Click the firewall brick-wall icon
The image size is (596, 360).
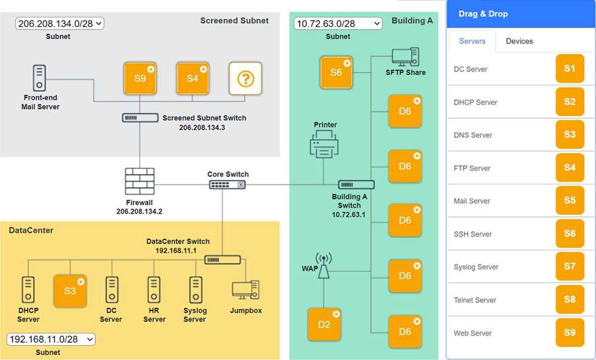coord(140,182)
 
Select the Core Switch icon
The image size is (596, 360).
coord(228,184)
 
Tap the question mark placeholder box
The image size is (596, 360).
coord(245,78)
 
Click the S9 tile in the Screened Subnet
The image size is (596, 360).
coord(140,78)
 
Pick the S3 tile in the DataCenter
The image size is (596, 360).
coord(70,290)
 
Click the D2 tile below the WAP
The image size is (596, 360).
coord(324,324)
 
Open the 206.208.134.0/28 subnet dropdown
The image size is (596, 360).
coord(60,24)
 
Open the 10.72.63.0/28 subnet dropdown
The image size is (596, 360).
coord(338,24)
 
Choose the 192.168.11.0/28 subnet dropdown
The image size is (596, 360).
coord(51,339)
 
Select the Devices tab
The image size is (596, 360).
coord(519,41)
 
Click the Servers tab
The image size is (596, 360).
coord(472,41)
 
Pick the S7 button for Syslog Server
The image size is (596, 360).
coord(569,267)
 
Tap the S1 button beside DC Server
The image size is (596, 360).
coord(569,69)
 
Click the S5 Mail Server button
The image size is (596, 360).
coord(569,201)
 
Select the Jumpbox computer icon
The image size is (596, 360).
coord(246,290)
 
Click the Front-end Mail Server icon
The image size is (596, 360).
coord(40,78)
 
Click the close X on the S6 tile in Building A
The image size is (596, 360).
coord(347,62)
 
